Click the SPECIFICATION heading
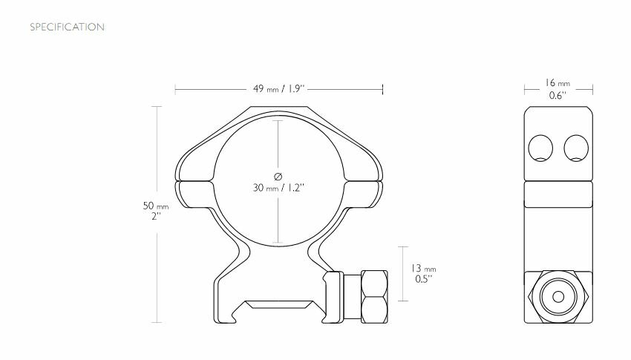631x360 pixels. point(66,27)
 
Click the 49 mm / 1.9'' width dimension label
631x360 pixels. point(278,90)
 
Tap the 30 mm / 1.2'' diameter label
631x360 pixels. point(278,187)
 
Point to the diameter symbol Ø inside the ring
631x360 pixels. point(278,175)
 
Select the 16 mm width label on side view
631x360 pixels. point(558,84)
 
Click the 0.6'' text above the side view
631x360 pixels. point(558,96)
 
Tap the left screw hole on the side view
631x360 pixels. point(540,148)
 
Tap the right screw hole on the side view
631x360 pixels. point(576,148)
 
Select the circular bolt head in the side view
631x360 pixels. point(558,295)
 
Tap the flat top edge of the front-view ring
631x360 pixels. point(278,107)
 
